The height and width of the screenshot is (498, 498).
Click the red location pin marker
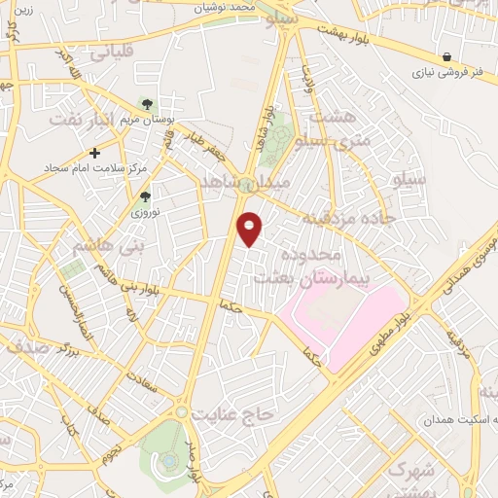point(250,228)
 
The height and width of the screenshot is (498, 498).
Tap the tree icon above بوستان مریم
point(147,103)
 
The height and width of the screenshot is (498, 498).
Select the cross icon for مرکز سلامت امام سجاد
point(94,153)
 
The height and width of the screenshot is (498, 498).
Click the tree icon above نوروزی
point(145,196)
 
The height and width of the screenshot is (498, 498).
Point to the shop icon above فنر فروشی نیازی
point(446,56)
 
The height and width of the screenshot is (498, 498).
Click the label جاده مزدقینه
point(338,216)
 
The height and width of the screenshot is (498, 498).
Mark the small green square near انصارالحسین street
point(71,266)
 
